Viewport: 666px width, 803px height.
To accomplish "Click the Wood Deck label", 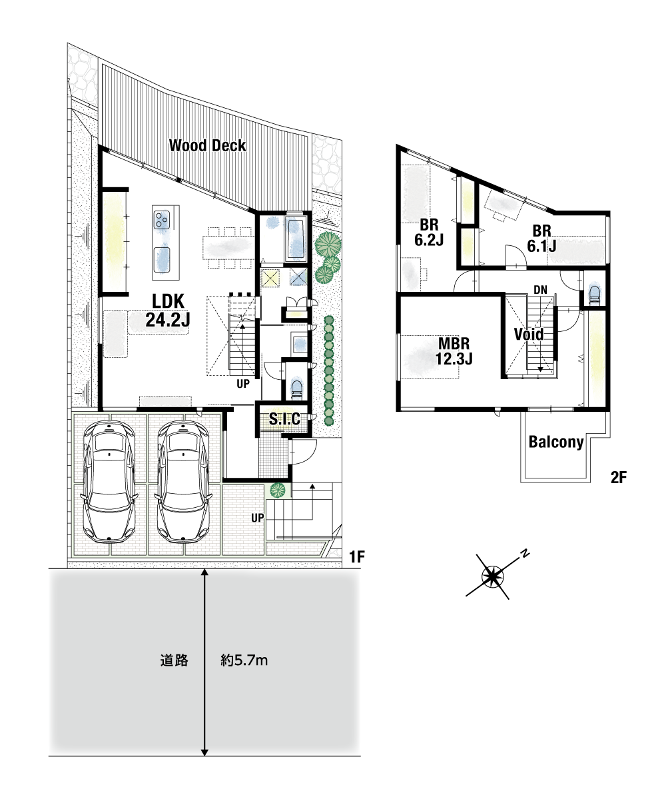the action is pyautogui.click(x=207, y=146).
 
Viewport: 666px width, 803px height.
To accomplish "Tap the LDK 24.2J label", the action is pyautogui.click(x=168, y=311).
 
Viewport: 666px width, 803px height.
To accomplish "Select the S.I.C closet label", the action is pyautogui.click(x=284, y=419).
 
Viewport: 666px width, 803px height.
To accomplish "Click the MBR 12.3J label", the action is pyautogui.click(x=454, y=351).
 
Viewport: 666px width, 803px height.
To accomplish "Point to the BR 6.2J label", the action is pyautogui.click(x=429, y=232).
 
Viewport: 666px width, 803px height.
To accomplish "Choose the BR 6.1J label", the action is pyautogui.click(x=541, y=239).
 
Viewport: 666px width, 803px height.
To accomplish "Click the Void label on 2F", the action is pyautogui.click(x=529, y=335).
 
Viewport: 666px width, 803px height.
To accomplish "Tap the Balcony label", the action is pyautogui.click(x=556, y=442).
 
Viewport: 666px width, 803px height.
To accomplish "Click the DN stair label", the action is pyautogui.click(x=540, y=290).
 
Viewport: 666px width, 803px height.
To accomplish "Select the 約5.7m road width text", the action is pyautogui.click(x=244, y=660).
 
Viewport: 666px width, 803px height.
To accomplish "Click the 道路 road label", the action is pyautogui.click(x=174, y=660).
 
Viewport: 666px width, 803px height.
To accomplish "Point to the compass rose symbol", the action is pyautogui.click(x=493, y=576).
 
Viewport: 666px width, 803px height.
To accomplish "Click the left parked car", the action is pyautogui.click(x=109, y=482).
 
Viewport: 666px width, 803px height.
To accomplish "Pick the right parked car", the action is pyautogui.click(x=183, y=482).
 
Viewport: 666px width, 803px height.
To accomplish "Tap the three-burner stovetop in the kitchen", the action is pyautogui.click(x=161, y=220).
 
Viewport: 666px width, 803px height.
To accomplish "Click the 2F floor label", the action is pyautogui.click(x=619, y=478).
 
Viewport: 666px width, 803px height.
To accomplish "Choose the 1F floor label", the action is pyautogui.click(x=356, y=556).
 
